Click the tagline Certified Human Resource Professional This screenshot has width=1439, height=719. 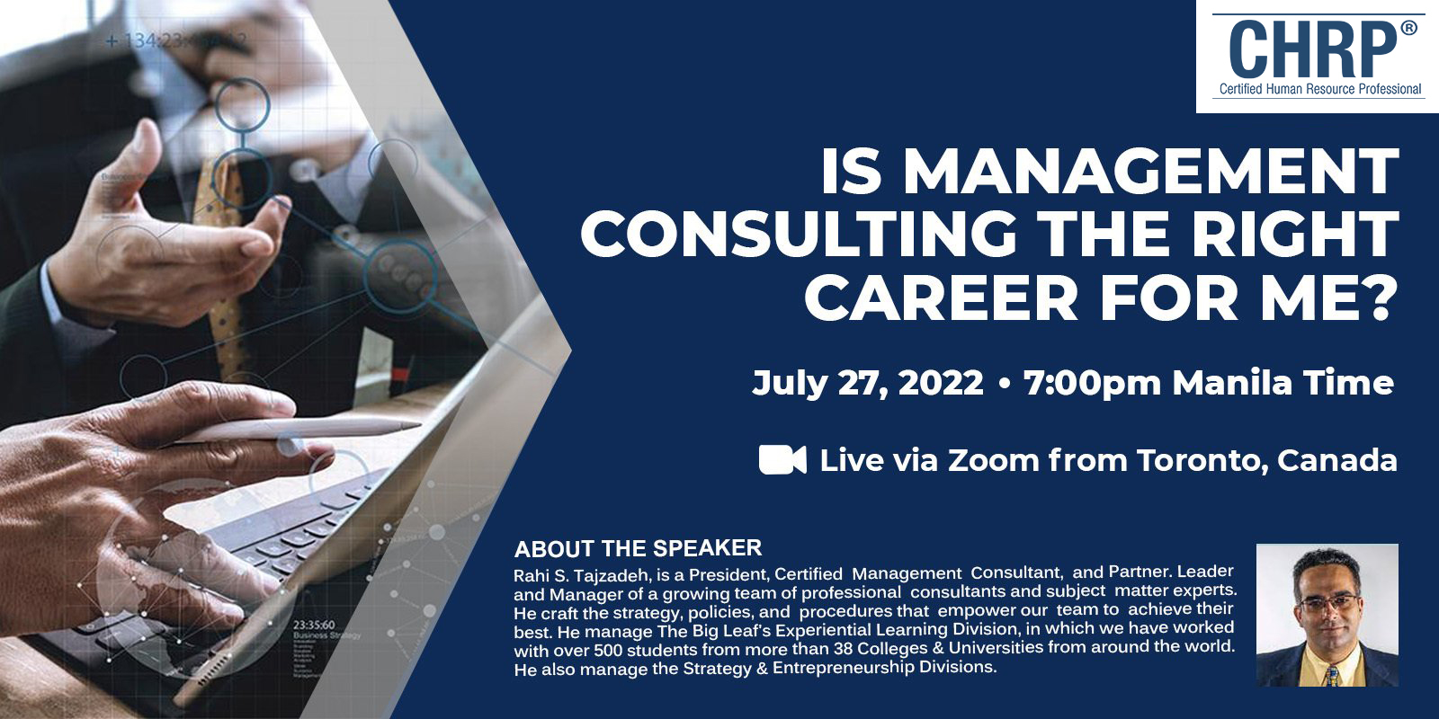[1320, 89]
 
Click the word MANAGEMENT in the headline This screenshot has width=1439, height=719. [1152, 171]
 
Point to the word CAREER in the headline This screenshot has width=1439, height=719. [941, 297]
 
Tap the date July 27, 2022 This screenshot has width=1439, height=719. [868, 383]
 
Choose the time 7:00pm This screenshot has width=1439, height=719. [1093, 383]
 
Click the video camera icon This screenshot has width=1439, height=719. [782, 459]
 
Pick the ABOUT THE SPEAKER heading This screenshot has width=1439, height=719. [638, 548]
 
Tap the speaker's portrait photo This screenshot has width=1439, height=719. [1327, 615]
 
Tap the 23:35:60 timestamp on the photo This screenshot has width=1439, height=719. [314, 624]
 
